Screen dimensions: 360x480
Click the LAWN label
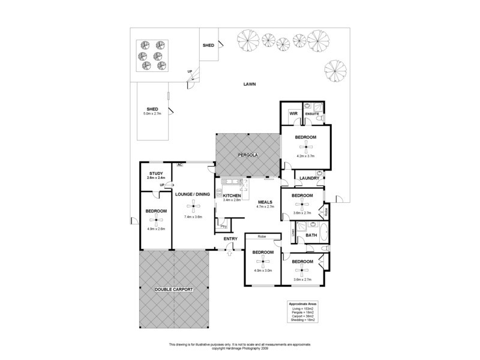pos(250,85)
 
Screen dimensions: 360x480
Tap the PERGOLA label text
pos(247,155)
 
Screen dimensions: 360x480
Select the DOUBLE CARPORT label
pos(173,289)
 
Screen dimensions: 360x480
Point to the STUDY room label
pos(156,173)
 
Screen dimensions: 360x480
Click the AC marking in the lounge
pos(179,164)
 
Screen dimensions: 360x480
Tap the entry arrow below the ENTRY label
pos(230,253)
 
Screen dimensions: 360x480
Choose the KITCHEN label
pos(232,196)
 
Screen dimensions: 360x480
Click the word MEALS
pos(265,202)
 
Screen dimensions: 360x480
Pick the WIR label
pos(294,113)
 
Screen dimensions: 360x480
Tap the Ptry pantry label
pos(223,226)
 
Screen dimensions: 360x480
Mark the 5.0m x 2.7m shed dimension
pos(152,113)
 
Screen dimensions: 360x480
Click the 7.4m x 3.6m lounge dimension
pos(193,217)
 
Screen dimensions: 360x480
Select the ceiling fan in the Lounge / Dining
pos(193,207)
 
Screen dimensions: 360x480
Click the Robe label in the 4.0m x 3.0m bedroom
pos(255,237)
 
